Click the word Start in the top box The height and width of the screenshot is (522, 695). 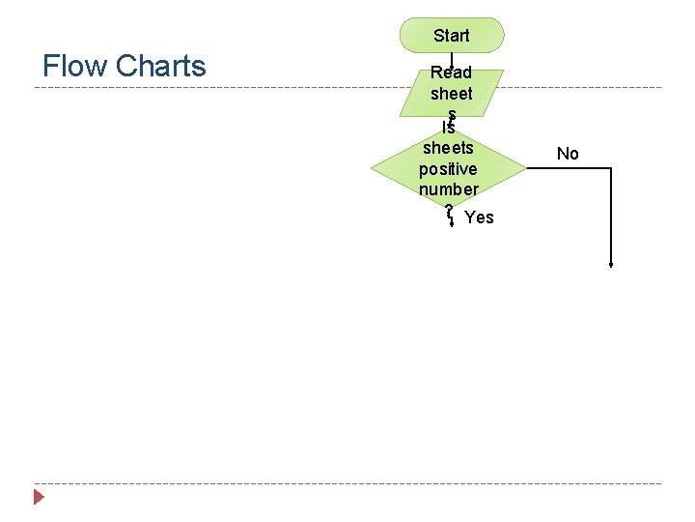(452, 36)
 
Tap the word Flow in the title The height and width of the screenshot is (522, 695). (75, 66)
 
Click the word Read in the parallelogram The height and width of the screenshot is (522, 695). (451, 72)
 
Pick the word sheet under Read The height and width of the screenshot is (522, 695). (451, 94)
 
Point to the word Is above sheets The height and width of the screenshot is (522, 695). (448, 128)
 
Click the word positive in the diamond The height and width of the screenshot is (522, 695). (448, 169)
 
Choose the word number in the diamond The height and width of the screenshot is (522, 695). (448, 189)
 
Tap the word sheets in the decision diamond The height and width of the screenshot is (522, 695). (448, 148)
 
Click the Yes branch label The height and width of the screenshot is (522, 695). (479, 217)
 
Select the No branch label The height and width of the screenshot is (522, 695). (568, 154)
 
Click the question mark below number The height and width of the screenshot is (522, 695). (449, 209)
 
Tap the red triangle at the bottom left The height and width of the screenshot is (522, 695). (39, 498)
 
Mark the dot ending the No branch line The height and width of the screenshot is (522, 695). (611, 264)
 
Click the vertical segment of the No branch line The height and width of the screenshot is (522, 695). (611, 217)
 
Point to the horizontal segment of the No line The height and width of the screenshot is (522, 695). (570, 168)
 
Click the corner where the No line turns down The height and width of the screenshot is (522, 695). (611, 168)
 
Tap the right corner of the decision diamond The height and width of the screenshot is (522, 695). (526, 168)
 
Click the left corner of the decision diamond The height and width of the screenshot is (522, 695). (372, 168)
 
